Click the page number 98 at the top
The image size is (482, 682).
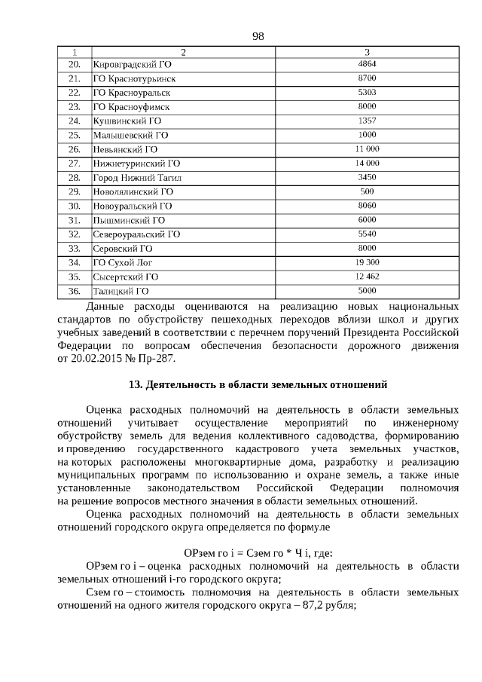(258, 36)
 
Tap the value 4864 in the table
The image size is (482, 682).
(367, 64)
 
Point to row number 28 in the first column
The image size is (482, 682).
(74, 178)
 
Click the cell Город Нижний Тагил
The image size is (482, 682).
(137, 178)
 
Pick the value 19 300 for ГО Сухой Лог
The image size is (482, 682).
(367, 261)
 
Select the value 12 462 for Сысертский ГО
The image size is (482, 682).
(367, 276)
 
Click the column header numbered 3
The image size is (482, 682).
(367, 51)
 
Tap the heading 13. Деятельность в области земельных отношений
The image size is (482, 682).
(258, 385)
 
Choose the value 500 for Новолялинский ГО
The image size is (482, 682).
(367, 191)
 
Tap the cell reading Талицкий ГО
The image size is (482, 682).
(120, 290)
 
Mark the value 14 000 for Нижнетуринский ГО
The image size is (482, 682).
(367, 163)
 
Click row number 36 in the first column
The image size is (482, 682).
(74, 290)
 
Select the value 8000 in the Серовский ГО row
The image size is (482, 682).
(367, 247)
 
